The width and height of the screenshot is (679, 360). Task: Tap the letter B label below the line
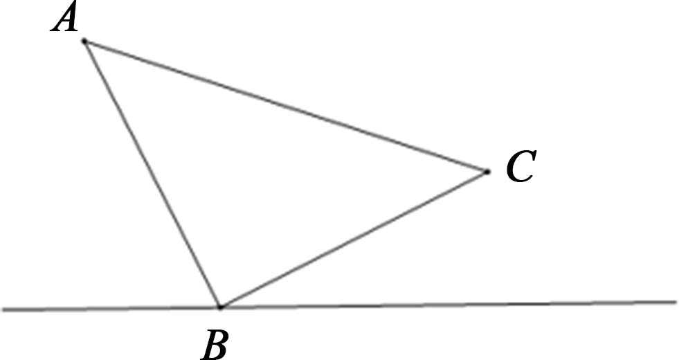click(215, 344)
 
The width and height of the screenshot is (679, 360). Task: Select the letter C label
click(519, 168)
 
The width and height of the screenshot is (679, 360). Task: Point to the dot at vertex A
click(84, 42)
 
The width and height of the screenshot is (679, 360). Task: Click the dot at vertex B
click(219, 306)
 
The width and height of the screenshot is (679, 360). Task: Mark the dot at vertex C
click(487, 171)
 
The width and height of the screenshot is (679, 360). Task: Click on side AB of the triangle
click(152, 174)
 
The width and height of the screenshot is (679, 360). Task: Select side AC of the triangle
click(286, 106)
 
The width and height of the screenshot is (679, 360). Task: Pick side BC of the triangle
click(353, 239)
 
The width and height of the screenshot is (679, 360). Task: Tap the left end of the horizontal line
click(3, 309)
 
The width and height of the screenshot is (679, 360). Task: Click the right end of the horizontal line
click(674, 302)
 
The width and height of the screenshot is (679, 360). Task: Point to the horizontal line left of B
click(111, 308)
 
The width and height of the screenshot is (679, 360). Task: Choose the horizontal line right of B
click(450, 304)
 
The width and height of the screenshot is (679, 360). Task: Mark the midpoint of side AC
click(286, 106)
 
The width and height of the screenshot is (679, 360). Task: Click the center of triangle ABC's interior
click(264, 173)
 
